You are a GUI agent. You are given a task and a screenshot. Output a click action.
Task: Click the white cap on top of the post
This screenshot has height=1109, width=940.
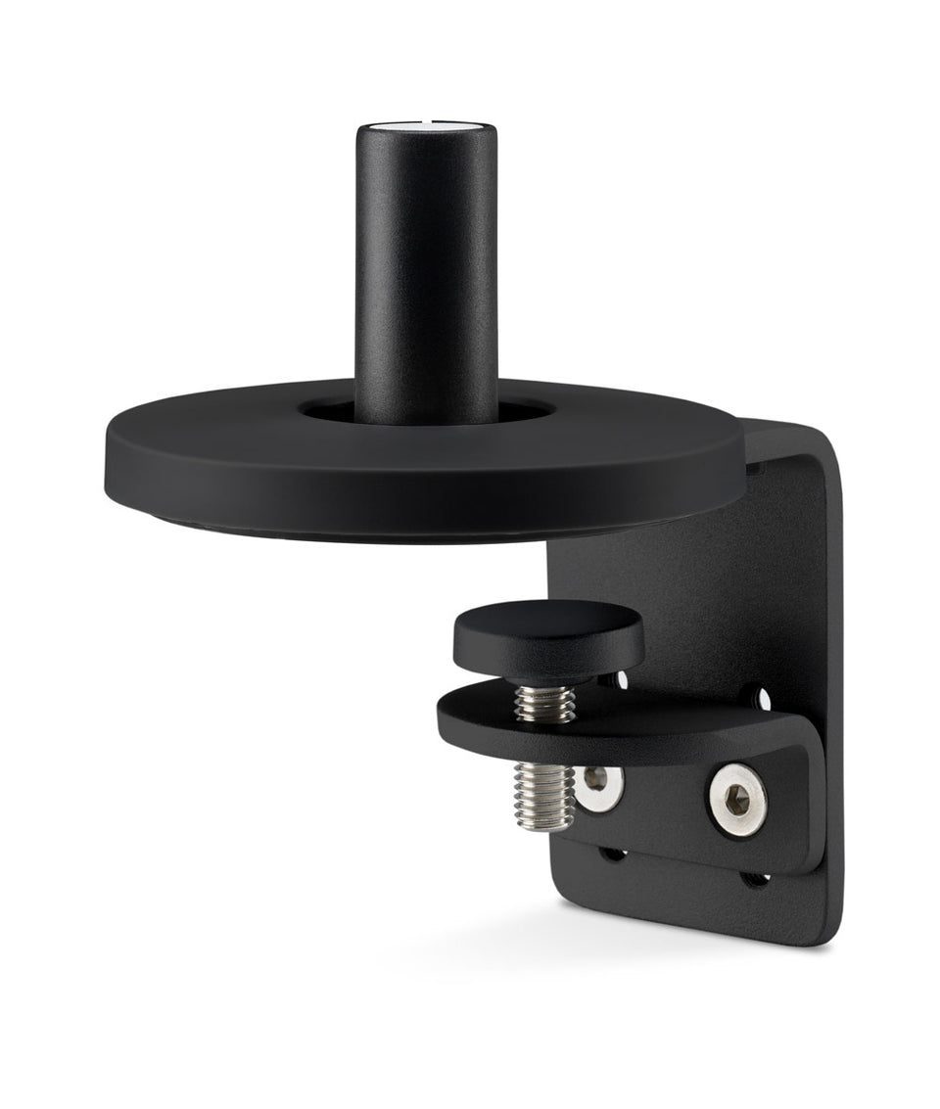point(429,126)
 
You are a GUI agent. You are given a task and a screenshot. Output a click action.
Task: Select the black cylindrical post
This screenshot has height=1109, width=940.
point(428,274)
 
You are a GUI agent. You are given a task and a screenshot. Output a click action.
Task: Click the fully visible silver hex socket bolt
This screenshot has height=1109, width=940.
point(738,801)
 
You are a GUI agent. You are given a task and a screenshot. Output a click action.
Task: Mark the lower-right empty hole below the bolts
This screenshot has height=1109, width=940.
point(757,878)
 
